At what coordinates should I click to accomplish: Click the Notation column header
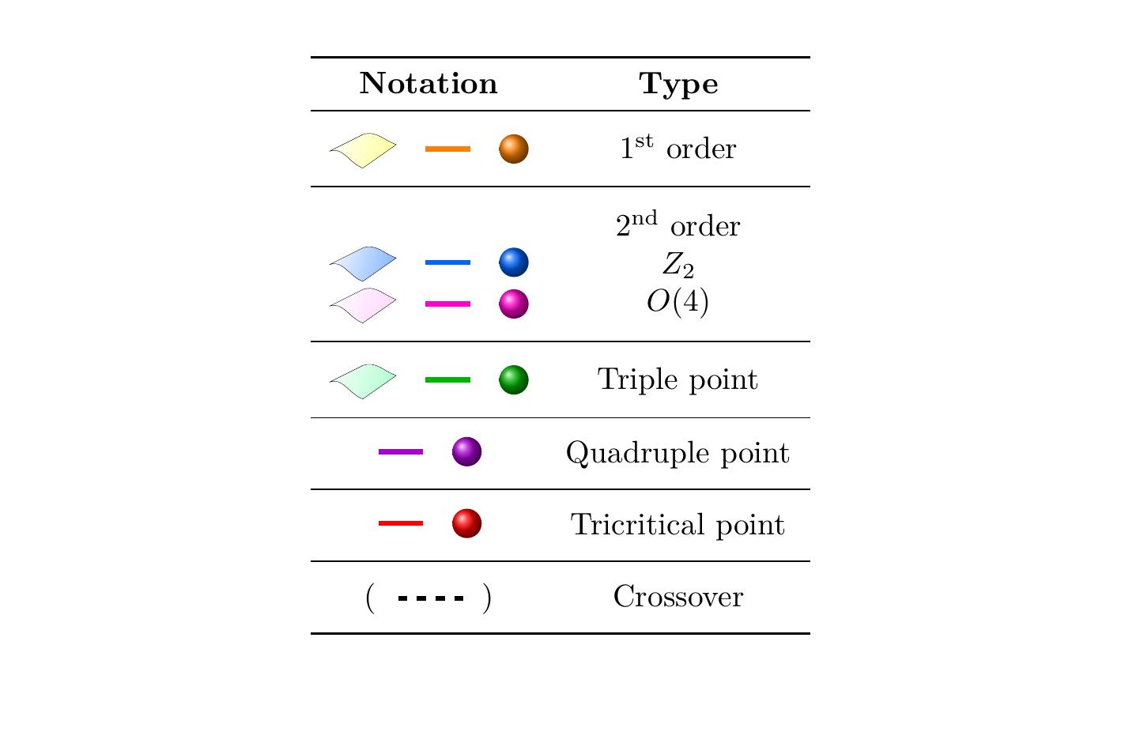[x=428, y=84]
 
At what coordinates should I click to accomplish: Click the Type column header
[x=678, y=84]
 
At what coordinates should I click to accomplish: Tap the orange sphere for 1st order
[x=513, y=149]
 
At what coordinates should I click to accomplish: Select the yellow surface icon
[x=363, y=149]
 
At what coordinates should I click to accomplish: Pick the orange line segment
[x=447, y=149]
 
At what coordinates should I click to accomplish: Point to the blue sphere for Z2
[x=513, y=262]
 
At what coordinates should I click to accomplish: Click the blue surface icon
[x=363, y=263]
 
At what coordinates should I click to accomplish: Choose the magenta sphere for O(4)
[x=513, y=304]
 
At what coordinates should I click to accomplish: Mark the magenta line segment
[x=447, y=304]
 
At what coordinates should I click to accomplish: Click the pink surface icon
[x=363, y=304]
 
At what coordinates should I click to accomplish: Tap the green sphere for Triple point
[x=513, y=380]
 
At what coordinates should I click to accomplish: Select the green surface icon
[x=363, y=381]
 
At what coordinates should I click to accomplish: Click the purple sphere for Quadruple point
[x=466, y=452]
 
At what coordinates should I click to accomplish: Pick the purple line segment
[x=401, y=452]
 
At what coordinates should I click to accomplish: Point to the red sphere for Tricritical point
[x=466, y=523]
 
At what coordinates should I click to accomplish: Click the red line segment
[x=401, y=523]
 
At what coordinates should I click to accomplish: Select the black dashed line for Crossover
[x=430, y=598]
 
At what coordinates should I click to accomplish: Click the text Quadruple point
[x=678, y=453]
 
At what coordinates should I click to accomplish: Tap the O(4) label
[x=678, y=302]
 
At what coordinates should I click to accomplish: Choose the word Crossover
[x=678, y=597]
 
